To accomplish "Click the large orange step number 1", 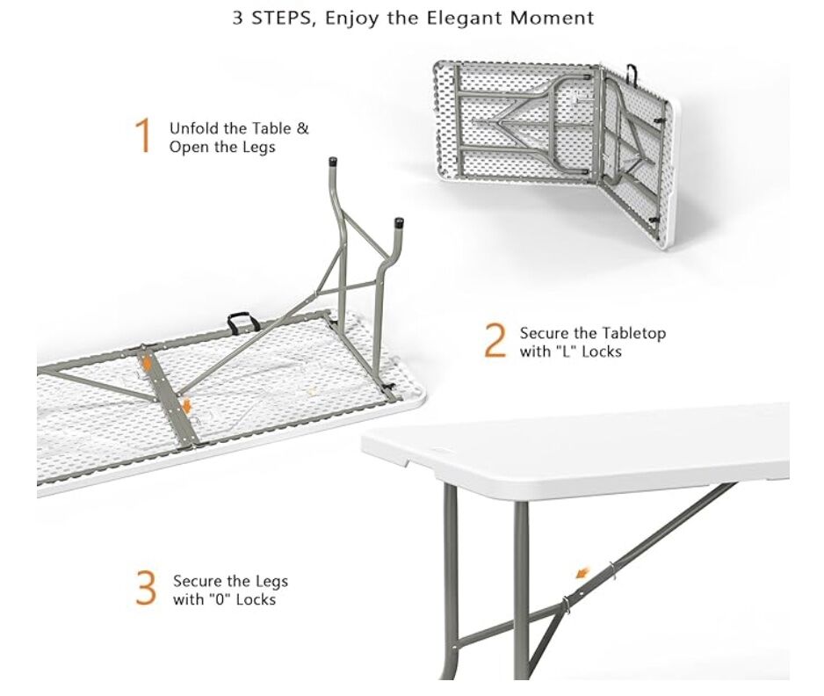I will tap(142, 137).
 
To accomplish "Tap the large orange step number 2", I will tap(495, 342).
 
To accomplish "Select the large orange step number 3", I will tap(146, 590).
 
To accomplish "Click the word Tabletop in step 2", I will tap(633, 333).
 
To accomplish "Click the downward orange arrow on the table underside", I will tap(187, 404).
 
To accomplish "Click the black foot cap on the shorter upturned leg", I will tap(399, 222).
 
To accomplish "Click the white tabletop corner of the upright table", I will tap(372, 446).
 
